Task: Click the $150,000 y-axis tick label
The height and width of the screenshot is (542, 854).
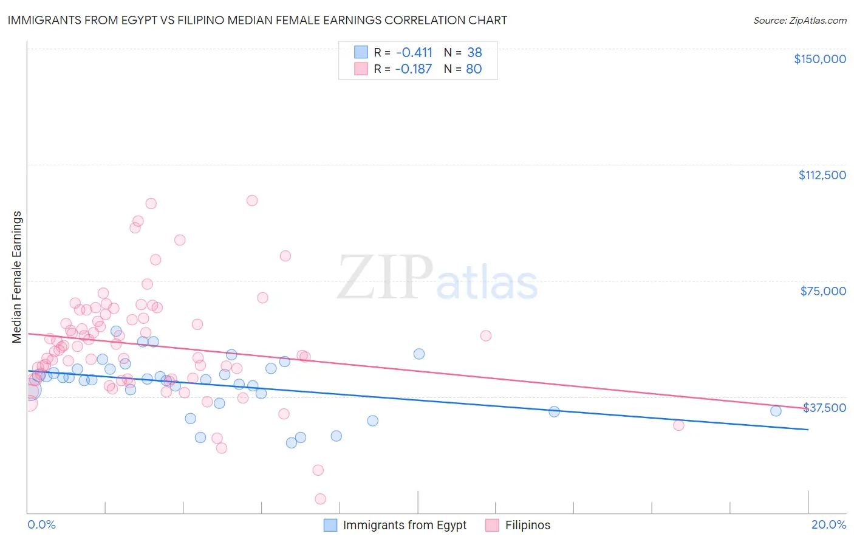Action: tap(819, 59)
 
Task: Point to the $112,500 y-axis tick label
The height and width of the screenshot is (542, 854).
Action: tap(822, 175)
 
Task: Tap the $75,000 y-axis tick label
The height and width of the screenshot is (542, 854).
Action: tap(823, 291)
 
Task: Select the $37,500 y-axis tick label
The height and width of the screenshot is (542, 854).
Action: tap(824, 408)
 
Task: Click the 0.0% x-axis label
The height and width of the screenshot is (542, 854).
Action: tap(41, 524)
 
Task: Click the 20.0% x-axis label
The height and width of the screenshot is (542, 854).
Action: tap(828, 524)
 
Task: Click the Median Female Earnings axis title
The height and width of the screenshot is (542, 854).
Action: tap(17, 277)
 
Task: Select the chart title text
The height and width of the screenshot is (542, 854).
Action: tap(257, 20)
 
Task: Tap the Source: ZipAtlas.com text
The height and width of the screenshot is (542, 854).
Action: tap(799, 20)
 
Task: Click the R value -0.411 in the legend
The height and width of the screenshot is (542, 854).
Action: tap(414, 52)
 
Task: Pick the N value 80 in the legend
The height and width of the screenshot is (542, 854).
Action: tap(474, 69)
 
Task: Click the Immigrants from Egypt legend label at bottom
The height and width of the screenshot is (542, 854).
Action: tap(405, 525)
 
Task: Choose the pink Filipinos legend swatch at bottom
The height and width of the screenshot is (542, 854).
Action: tap(492, 525)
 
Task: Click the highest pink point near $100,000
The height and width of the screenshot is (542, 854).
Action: tap(252, 201)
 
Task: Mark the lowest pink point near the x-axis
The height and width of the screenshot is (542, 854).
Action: tap(320, 499)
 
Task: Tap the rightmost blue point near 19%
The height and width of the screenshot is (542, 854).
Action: tap(776, 411)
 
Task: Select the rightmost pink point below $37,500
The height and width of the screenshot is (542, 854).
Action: tap(678, 425)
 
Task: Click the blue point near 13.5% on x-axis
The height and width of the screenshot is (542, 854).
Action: tap(554, 411)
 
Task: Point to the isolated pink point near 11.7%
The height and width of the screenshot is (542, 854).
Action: tap(485, 335)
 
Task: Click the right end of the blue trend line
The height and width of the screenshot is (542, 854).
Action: tap(808, 430)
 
